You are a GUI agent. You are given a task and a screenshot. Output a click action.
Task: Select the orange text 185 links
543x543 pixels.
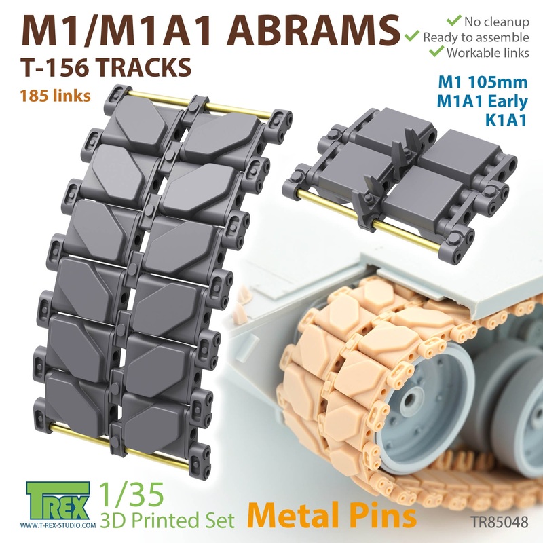point(58,96)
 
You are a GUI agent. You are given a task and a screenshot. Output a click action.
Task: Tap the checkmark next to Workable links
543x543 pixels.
point(434,52)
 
